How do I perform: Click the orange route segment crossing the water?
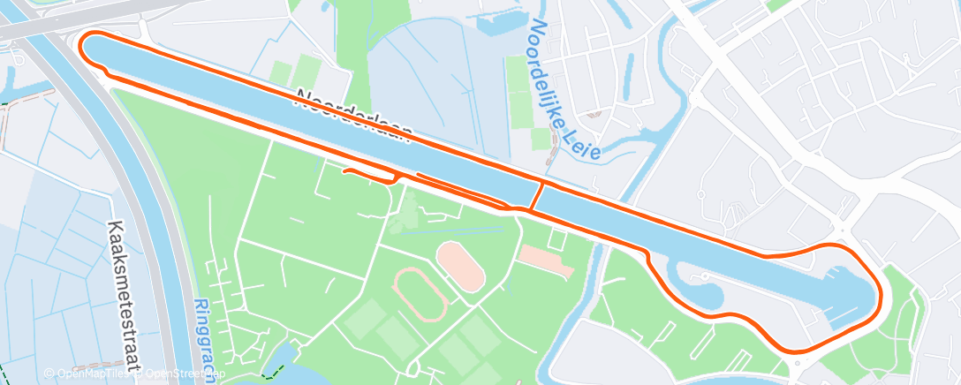pos(536,195)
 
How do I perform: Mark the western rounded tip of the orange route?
pos(83,46)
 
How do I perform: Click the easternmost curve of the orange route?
pos(881,291)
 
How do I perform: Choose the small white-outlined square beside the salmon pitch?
pos(556,238)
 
